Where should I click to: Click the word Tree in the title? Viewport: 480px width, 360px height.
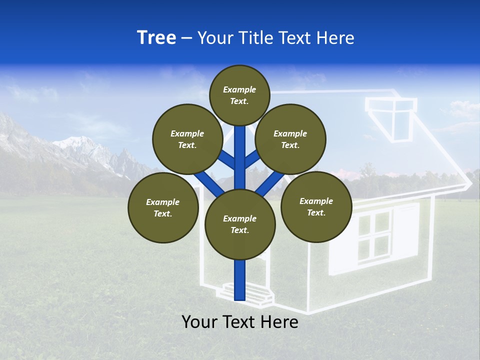(x=156, y=38)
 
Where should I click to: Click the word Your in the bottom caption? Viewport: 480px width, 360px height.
(x=200, y=322)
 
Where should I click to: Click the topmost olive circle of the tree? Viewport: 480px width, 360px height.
(x=239, y=95)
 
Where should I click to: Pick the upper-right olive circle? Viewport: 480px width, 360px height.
(x=290, y=139)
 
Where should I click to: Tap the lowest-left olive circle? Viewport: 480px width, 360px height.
(x=163, y=207)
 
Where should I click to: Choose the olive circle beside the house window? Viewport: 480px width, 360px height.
(x=316, y=206)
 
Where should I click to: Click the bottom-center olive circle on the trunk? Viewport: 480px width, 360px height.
(x=240, y=224)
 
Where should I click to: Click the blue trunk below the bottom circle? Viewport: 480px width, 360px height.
(x=240, y=280)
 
